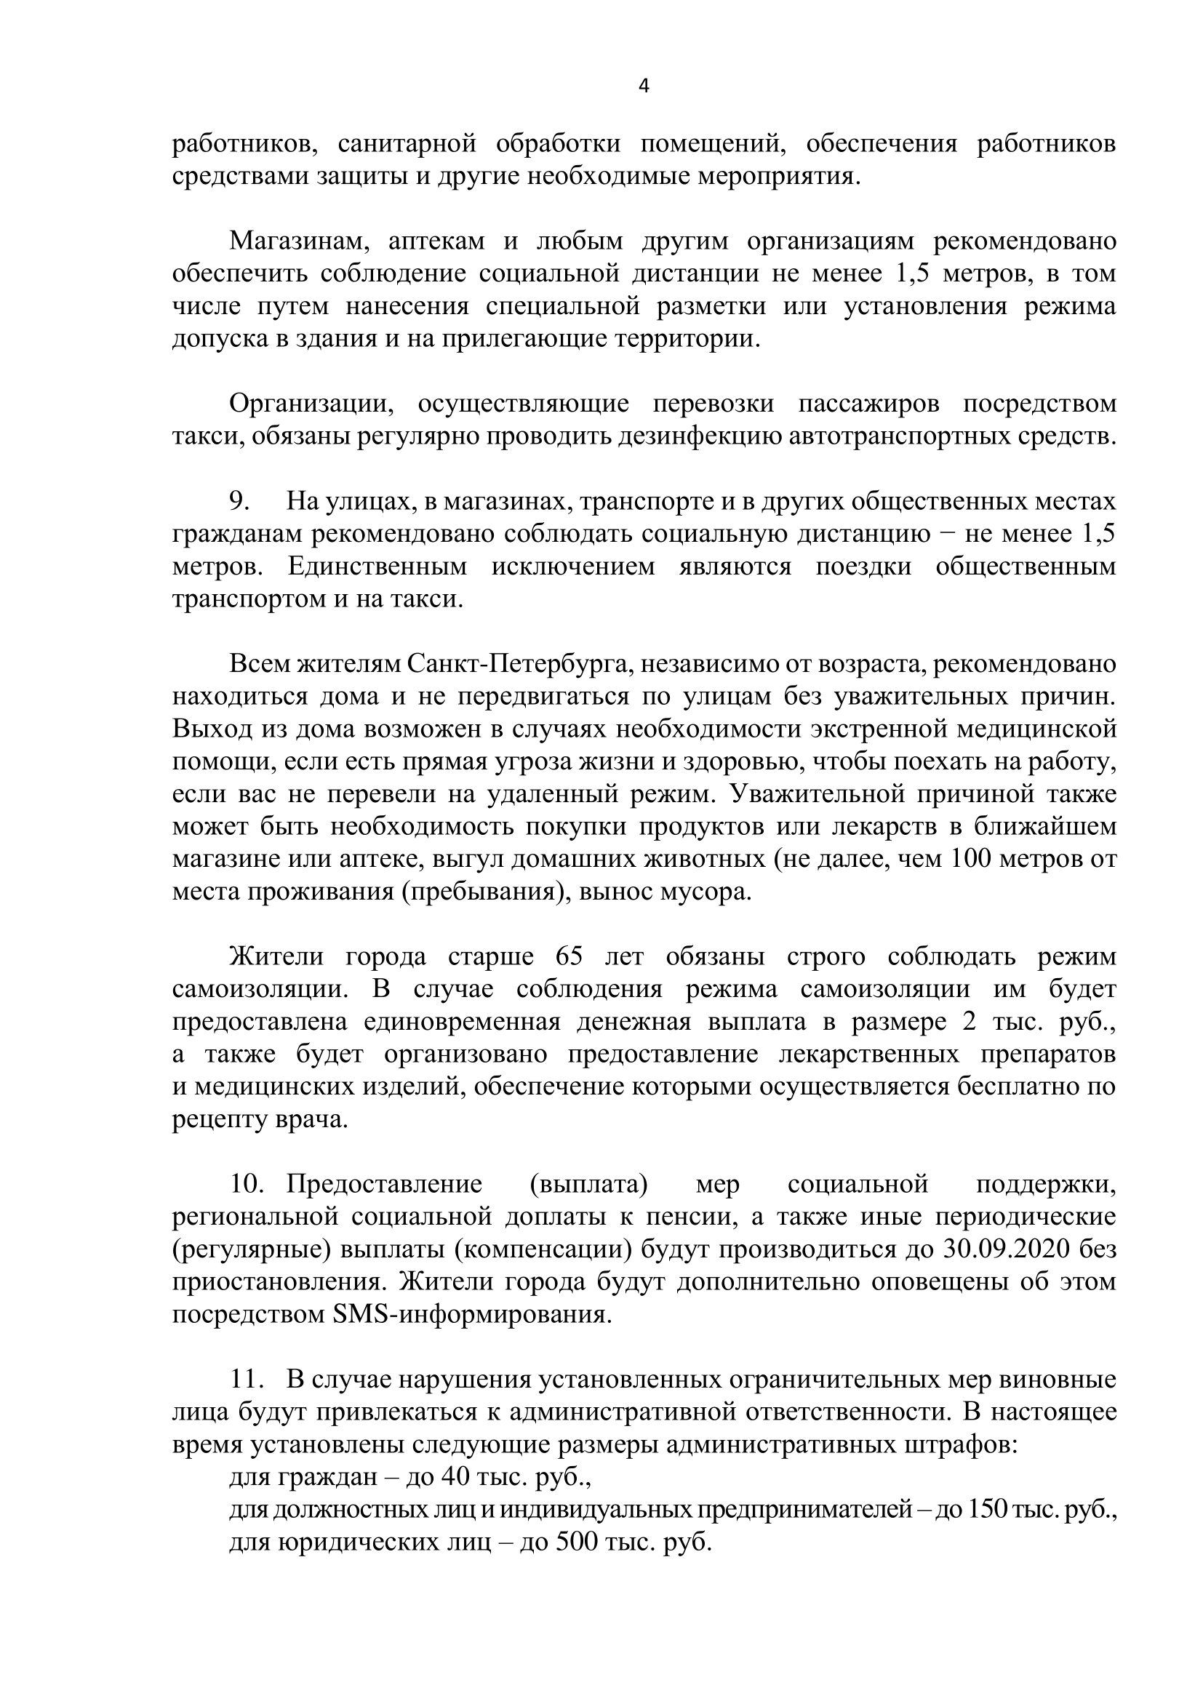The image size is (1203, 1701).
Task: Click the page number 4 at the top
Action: click(644, 87)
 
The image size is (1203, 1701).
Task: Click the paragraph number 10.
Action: click(247, 1185)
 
